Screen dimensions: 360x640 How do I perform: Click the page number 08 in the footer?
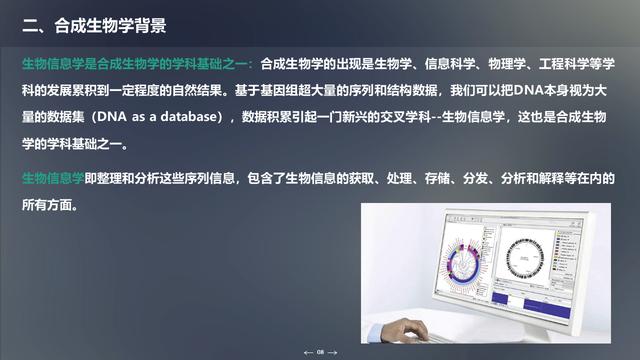point(321,352)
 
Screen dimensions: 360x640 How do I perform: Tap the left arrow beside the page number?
point(308,352)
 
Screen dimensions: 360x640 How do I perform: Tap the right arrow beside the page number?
point(334,352)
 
